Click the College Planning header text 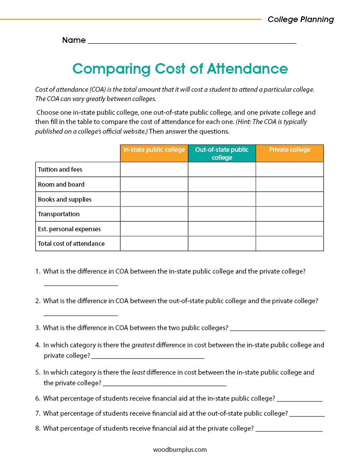(300, 19)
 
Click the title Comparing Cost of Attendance (180, 69)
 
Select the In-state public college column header (154, 150)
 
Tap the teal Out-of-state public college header (222, 154)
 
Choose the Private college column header (289, 150)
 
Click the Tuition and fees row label (60, 169)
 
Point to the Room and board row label (61, 184)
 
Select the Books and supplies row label (65, 199)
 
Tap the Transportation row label (59, 214)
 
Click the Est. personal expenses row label (69, 229)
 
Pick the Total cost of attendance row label (71, 244)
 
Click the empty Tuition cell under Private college (289, 169)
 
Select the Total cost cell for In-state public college (154, 244)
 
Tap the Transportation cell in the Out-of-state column (222, 214)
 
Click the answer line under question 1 (81, 285)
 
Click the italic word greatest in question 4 (143, 345)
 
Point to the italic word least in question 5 (138, 372)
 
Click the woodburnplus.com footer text (180, 450)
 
